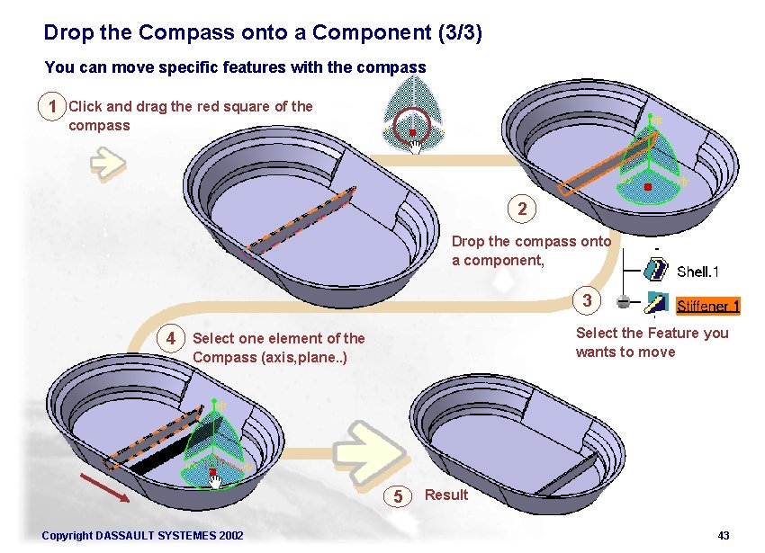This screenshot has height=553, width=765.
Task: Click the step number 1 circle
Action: point(53,107)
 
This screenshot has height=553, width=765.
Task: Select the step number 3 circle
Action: point(587,301)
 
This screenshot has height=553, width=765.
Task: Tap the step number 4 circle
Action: point(170,338)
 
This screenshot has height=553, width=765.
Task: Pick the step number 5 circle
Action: point(399,495)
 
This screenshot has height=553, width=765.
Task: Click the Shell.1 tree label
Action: point(697,272)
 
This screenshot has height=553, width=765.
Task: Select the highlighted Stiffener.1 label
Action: point(707,306)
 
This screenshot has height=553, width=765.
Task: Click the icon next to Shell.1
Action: point(656,270)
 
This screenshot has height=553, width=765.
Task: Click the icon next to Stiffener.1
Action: point(656,304)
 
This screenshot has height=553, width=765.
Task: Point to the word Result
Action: point(446,495)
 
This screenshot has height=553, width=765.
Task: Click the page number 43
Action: point(724,536)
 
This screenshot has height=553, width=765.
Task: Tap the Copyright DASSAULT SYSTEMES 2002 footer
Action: point(142,536)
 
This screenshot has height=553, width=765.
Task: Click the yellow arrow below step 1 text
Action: point(107,162)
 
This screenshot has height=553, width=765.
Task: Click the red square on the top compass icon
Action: point(412,131)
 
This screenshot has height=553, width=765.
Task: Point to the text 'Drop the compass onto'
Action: point(531,241)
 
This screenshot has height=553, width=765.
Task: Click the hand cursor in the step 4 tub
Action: point(215,483)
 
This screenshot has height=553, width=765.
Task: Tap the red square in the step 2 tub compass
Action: point(647,187)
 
